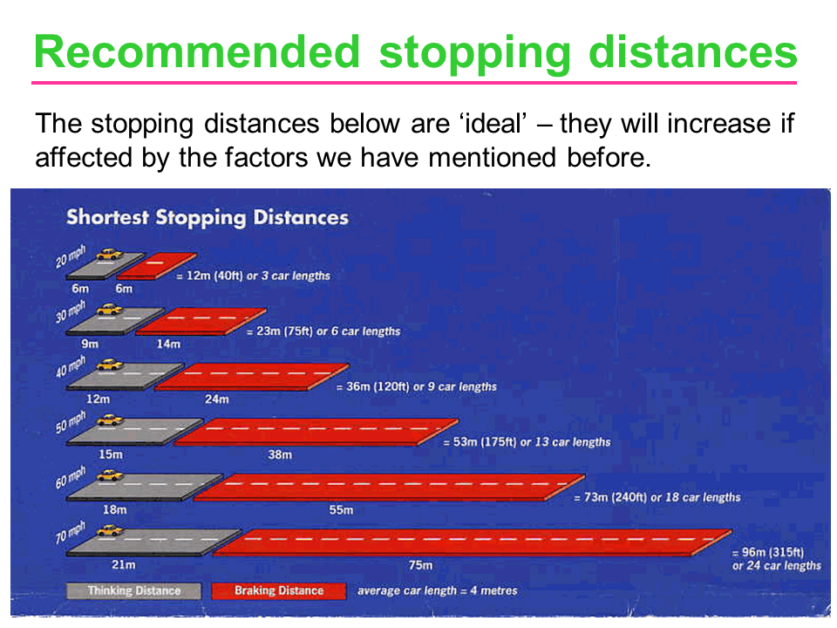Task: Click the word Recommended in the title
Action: pos(197,51)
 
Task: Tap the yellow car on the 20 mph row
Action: pos(110,254)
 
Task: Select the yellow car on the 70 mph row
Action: pos(110,530)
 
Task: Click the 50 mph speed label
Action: pos(71,421)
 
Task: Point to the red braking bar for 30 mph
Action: pos(201,322)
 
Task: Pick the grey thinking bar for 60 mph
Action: pos(144,487)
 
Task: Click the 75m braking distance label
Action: pos(420,565)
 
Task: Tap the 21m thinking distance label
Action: pos(123,564)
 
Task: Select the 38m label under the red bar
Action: pos(280,454)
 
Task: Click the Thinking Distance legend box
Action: pos(134,590)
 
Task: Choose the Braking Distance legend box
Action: pos(279,590)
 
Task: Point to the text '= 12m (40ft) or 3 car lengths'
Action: pos(253,276)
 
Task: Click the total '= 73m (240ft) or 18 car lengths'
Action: pos(657,497)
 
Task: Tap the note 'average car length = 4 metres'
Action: pos(437,590)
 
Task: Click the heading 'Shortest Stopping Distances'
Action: pos(208,218)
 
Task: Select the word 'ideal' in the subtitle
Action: pos(493,124)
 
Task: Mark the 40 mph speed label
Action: pos(71,366)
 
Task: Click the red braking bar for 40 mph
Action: pos(252,377)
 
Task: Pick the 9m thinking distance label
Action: pos(90,344)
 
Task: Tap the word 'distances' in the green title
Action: pos(693,51)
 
